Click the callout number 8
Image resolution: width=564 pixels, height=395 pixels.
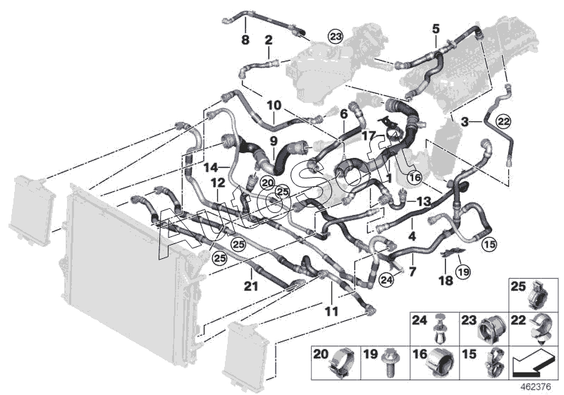pos(245,40)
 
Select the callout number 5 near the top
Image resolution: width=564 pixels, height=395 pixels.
pos(435,29)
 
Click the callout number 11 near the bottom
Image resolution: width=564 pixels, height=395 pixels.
pos(331,310)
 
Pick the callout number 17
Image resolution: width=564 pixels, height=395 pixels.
pos(369,135)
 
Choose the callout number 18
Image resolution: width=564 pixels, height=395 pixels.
pos(446,280)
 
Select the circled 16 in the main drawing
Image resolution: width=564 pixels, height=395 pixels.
pos(414,176)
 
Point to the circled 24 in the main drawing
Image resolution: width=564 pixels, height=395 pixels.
pos(385,281)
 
